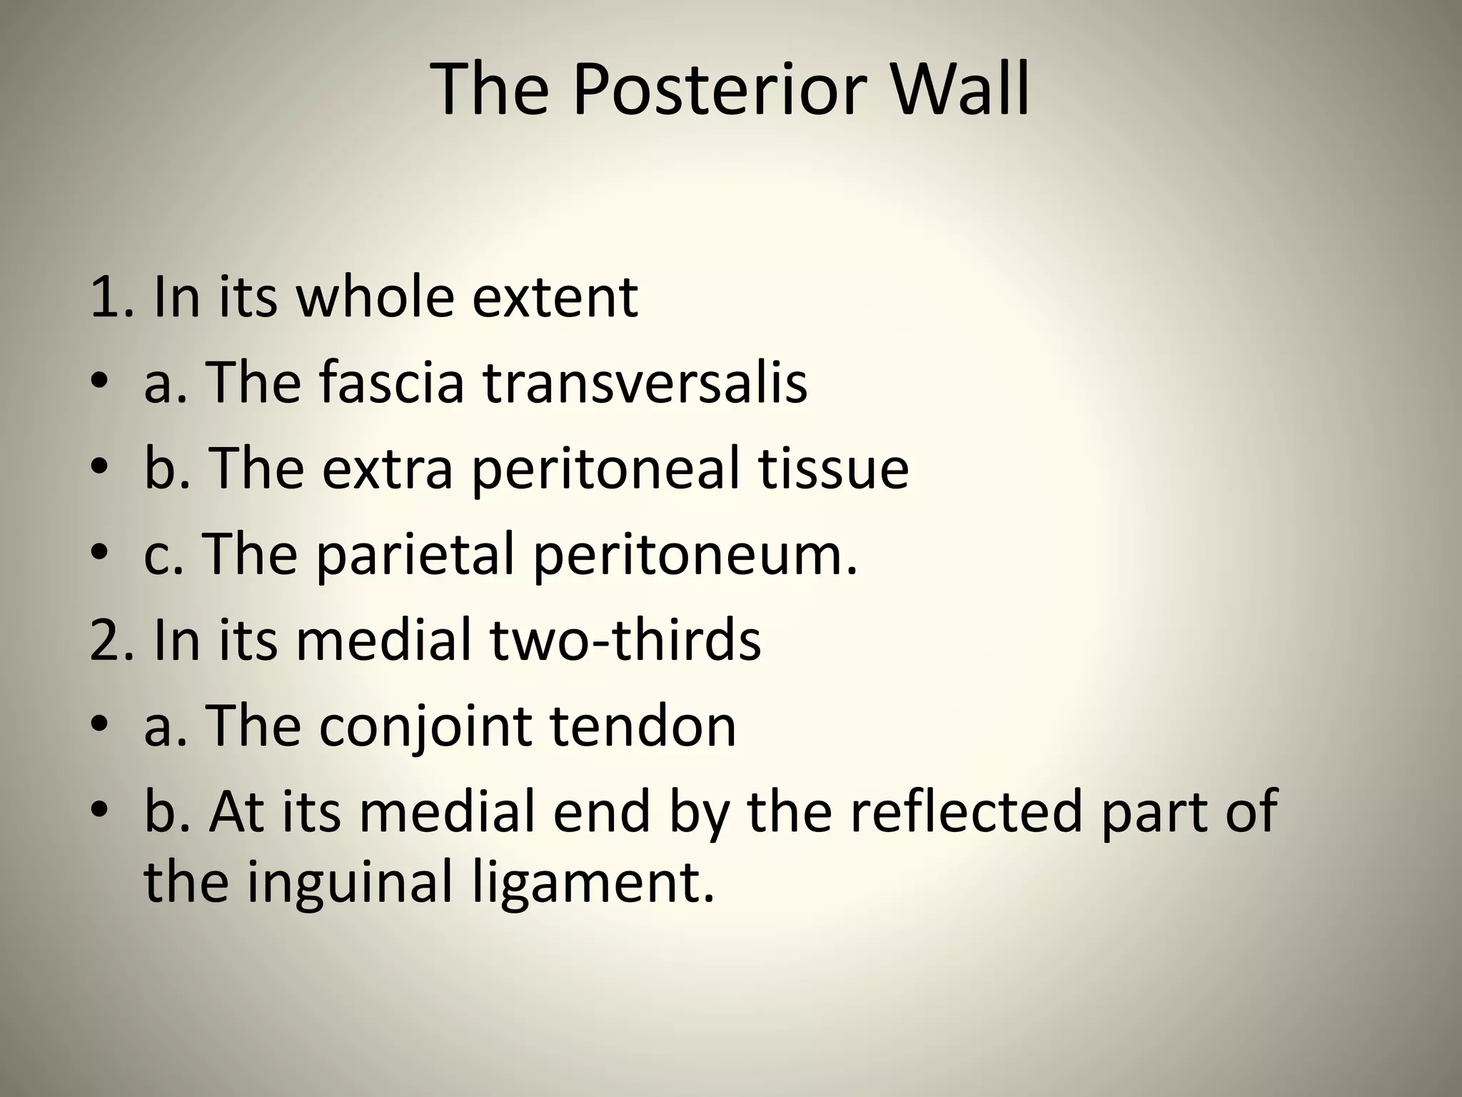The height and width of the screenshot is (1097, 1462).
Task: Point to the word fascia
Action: (391, 383)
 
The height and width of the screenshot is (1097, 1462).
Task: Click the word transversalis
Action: (645, 383)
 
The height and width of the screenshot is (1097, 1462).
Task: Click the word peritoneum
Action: (694, 556)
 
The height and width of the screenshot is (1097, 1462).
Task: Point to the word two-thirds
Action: (625, 640)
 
